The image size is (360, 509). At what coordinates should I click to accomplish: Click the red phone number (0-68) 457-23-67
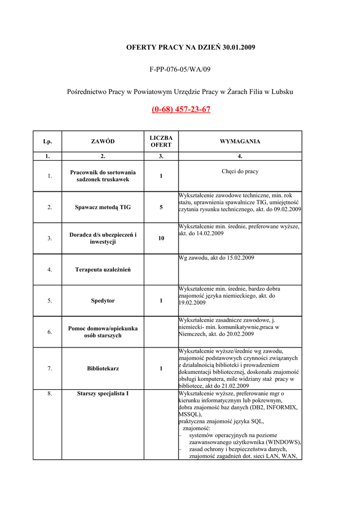click(181, 109)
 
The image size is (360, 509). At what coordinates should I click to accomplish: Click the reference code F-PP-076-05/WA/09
click(180, 69)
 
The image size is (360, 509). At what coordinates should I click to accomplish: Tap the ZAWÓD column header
click(103, 142)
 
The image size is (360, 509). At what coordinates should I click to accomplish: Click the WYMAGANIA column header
click(240, 142)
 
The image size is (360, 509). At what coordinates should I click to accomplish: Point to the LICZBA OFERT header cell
click(161, 142)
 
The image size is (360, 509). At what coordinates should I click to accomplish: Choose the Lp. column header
click(48, 142)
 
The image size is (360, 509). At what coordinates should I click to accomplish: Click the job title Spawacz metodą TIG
click(103, 207)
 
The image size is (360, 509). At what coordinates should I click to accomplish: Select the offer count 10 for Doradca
click(161, 239)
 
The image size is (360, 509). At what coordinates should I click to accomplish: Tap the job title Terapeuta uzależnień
click(103, 270)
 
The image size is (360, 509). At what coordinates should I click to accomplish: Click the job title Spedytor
click(103, 301)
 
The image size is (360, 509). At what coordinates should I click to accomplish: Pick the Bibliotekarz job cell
click(103, 369)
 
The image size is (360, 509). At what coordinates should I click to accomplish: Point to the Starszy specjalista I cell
click(103, 394)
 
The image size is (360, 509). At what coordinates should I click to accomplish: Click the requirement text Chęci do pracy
click(240, 171)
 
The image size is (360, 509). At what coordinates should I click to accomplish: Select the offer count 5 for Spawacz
click(161, 207)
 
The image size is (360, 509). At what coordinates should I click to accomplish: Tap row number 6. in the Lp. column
click(50, 332)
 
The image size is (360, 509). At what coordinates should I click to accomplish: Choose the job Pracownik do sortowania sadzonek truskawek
click(103, 176)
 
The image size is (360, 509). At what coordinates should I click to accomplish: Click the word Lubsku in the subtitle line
click(282, 92)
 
